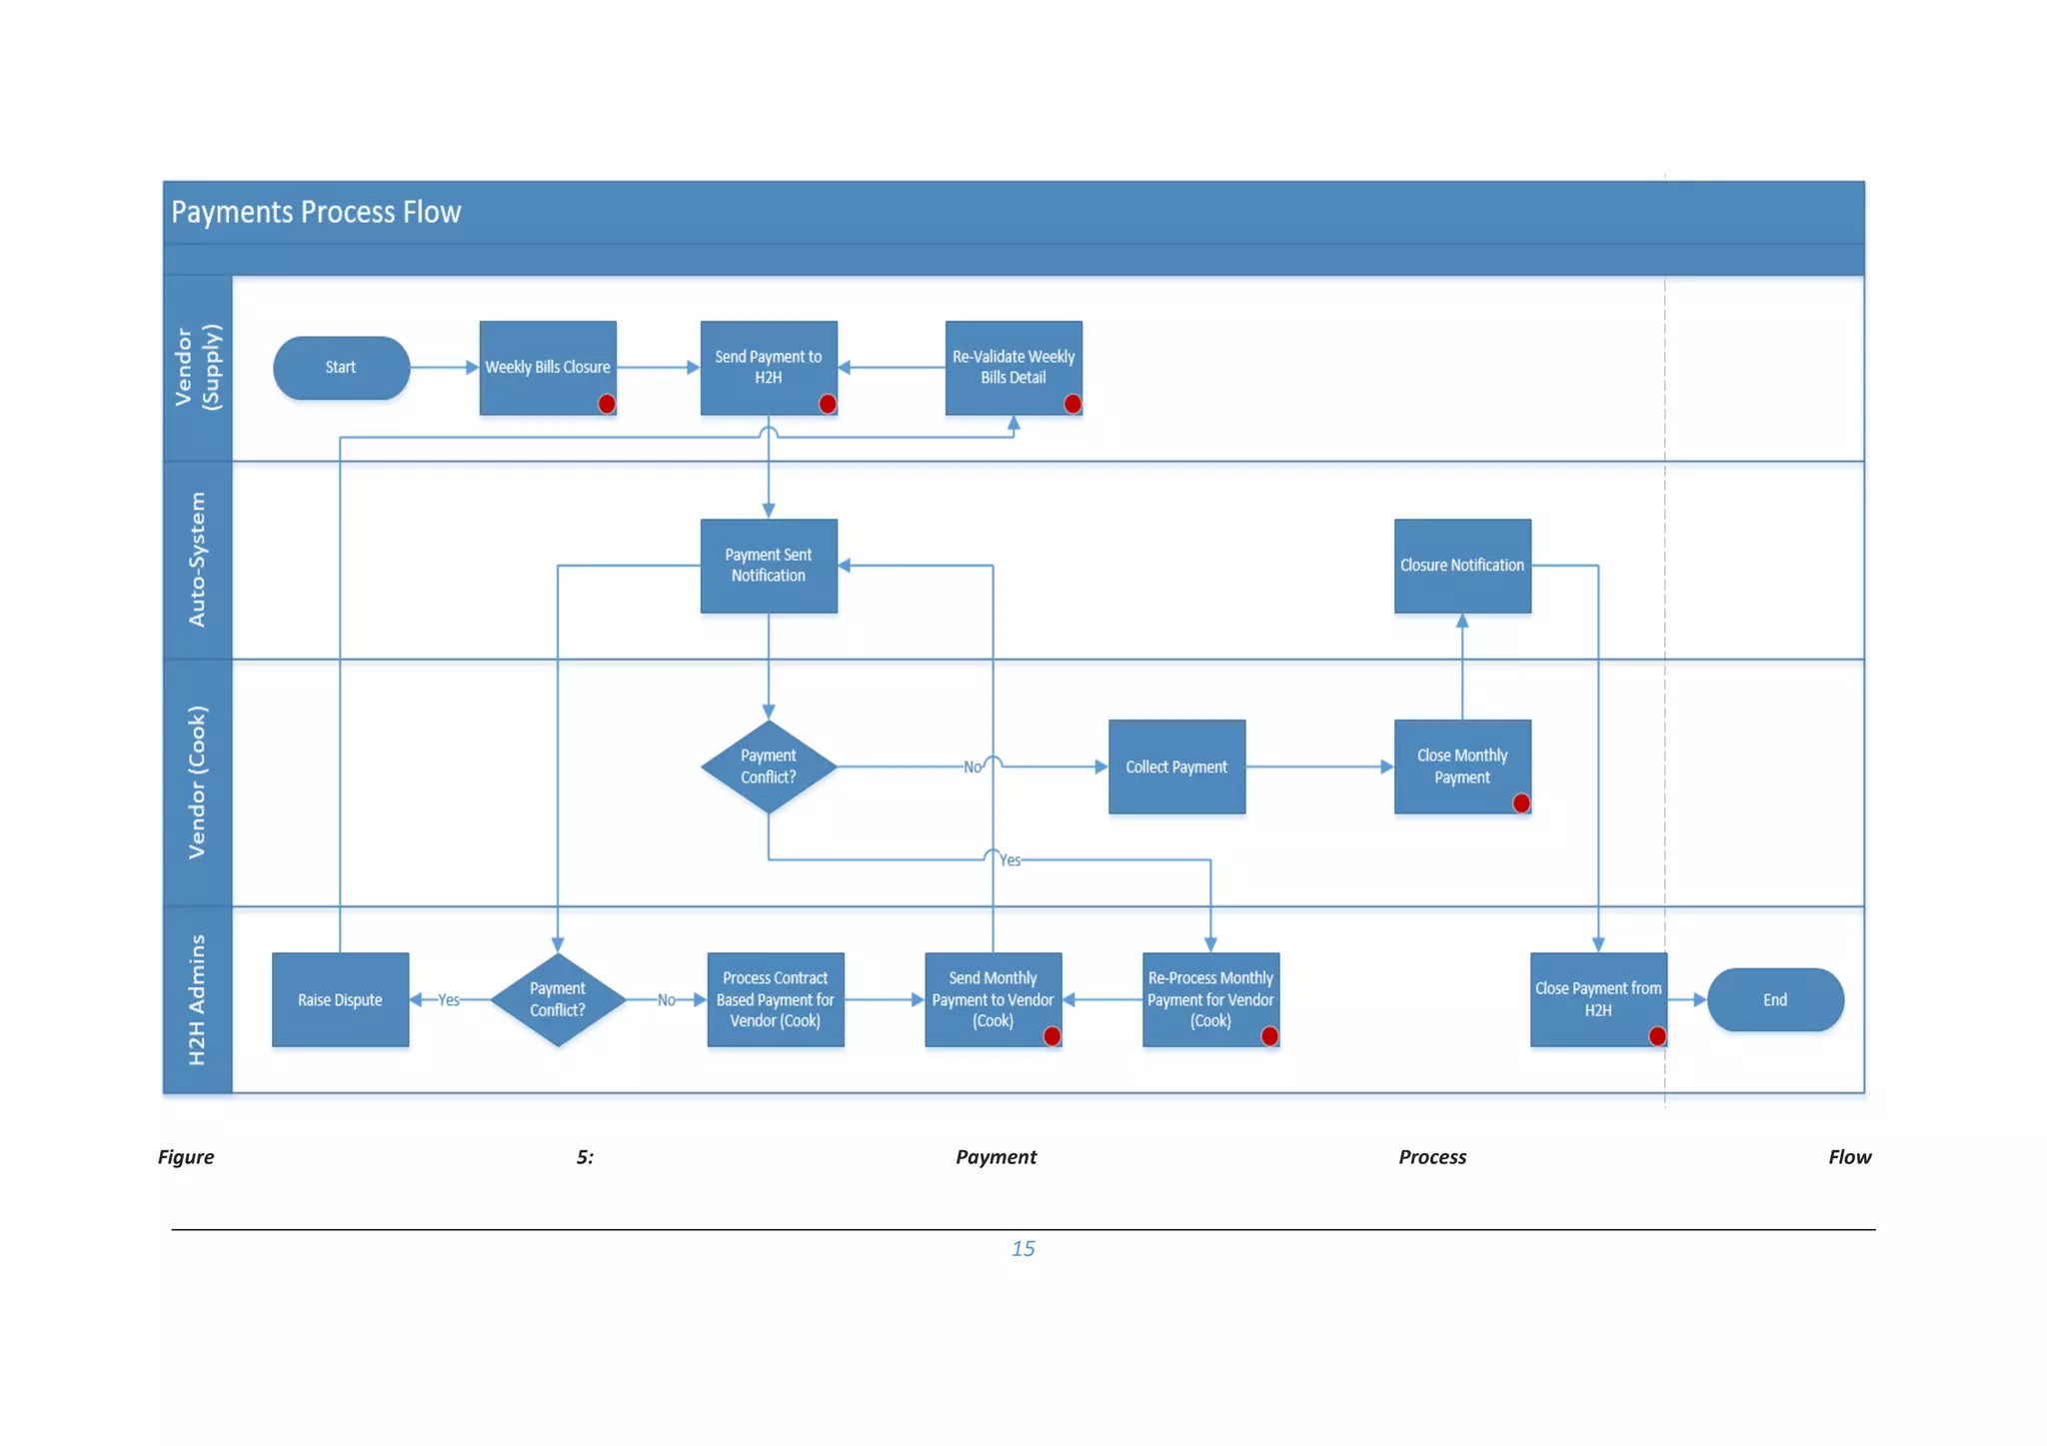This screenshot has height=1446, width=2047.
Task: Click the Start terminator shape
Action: click(x=341, y=368)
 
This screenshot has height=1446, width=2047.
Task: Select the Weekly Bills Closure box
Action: click(x=548, y=367)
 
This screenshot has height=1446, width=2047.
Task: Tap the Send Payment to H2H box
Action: click(x=768, y=367)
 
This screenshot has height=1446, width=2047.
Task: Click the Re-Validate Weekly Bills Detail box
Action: click(x=1013, y=367)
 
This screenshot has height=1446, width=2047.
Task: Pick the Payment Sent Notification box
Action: click(x=768, y=565)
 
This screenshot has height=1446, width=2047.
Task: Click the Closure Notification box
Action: click(x=1461, y=565)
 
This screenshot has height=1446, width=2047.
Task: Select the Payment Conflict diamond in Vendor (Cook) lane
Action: click(x=768, y=766)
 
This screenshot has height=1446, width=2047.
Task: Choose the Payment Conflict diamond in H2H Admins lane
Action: click(x=557, y=999)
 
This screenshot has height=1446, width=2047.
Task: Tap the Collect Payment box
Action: click(x=1176, y=766)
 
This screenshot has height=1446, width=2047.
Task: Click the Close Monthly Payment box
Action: click(x=1461, y=766)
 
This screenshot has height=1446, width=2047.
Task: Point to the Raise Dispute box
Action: click(x=340, y=999)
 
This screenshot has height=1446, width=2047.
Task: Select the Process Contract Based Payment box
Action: click(x=775, y=999)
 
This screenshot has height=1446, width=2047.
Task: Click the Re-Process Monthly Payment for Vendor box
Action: click(x=1209, y=999)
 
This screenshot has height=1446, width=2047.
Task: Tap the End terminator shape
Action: click(x=1775, y=999)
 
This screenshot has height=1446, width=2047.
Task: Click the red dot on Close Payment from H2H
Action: click(x=1657, y=1036)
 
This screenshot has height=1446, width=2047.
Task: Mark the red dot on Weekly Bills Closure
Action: click(x=607, y=404)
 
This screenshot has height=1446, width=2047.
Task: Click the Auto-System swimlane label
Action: click(x=197, y=560)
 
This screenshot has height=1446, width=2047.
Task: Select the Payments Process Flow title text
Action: click(x=316, y=212)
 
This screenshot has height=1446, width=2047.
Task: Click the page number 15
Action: click(x=1023, y=1248)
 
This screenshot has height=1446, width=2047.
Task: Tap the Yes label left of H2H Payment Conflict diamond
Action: click(x=449, y=1000)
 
